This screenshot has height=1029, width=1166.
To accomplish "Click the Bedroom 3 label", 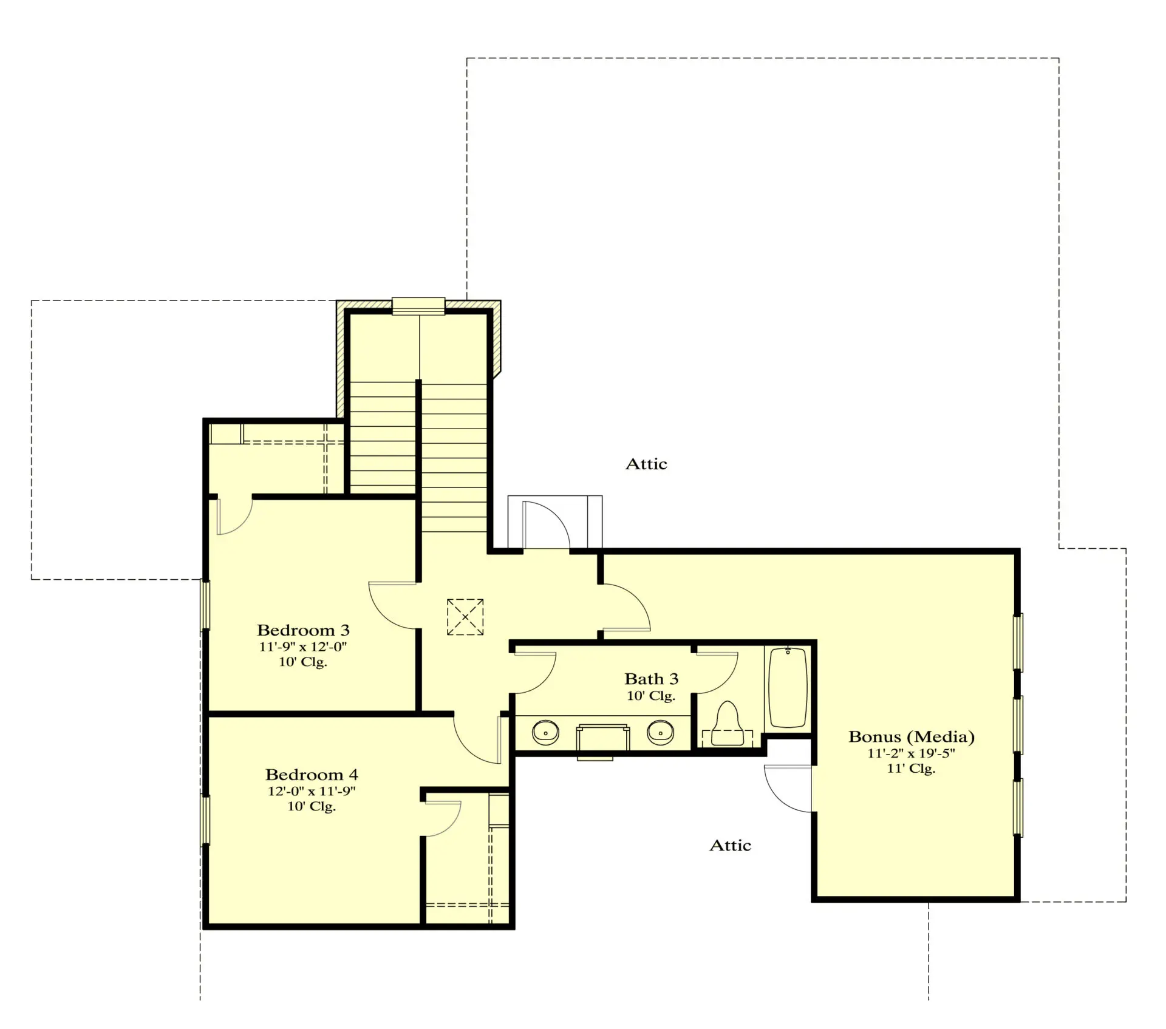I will (303, 630).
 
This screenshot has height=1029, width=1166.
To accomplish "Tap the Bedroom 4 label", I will (312, 775).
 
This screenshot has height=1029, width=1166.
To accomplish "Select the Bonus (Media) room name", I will (911, 736).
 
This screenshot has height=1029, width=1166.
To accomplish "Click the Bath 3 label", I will (651, 679).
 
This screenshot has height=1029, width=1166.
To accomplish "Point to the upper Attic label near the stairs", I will (646, 464).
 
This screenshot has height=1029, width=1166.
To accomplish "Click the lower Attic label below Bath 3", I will (730, 845).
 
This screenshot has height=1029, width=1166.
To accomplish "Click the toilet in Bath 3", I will (727, 724).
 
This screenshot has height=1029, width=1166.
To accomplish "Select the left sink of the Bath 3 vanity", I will (545, 733).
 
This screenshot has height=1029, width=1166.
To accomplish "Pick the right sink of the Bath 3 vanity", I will (660, 733).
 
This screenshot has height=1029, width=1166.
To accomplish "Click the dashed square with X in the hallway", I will (465, 617).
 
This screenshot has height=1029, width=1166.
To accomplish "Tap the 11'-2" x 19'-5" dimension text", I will (911, 753).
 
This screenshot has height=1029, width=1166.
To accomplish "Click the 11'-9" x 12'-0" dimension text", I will (303, 647).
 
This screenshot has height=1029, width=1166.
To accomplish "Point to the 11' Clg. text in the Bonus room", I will (911, 769).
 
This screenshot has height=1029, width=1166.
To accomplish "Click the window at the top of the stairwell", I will (418, 306).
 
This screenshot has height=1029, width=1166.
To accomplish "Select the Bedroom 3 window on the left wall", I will (205, 605).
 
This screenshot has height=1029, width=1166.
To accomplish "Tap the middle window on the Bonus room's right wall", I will (1018, 725).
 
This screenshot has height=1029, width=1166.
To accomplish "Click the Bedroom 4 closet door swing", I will (443, 818).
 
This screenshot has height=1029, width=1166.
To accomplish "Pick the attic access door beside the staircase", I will (545, 525).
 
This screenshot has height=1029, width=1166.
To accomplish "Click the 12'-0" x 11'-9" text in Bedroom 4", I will (312, 791).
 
